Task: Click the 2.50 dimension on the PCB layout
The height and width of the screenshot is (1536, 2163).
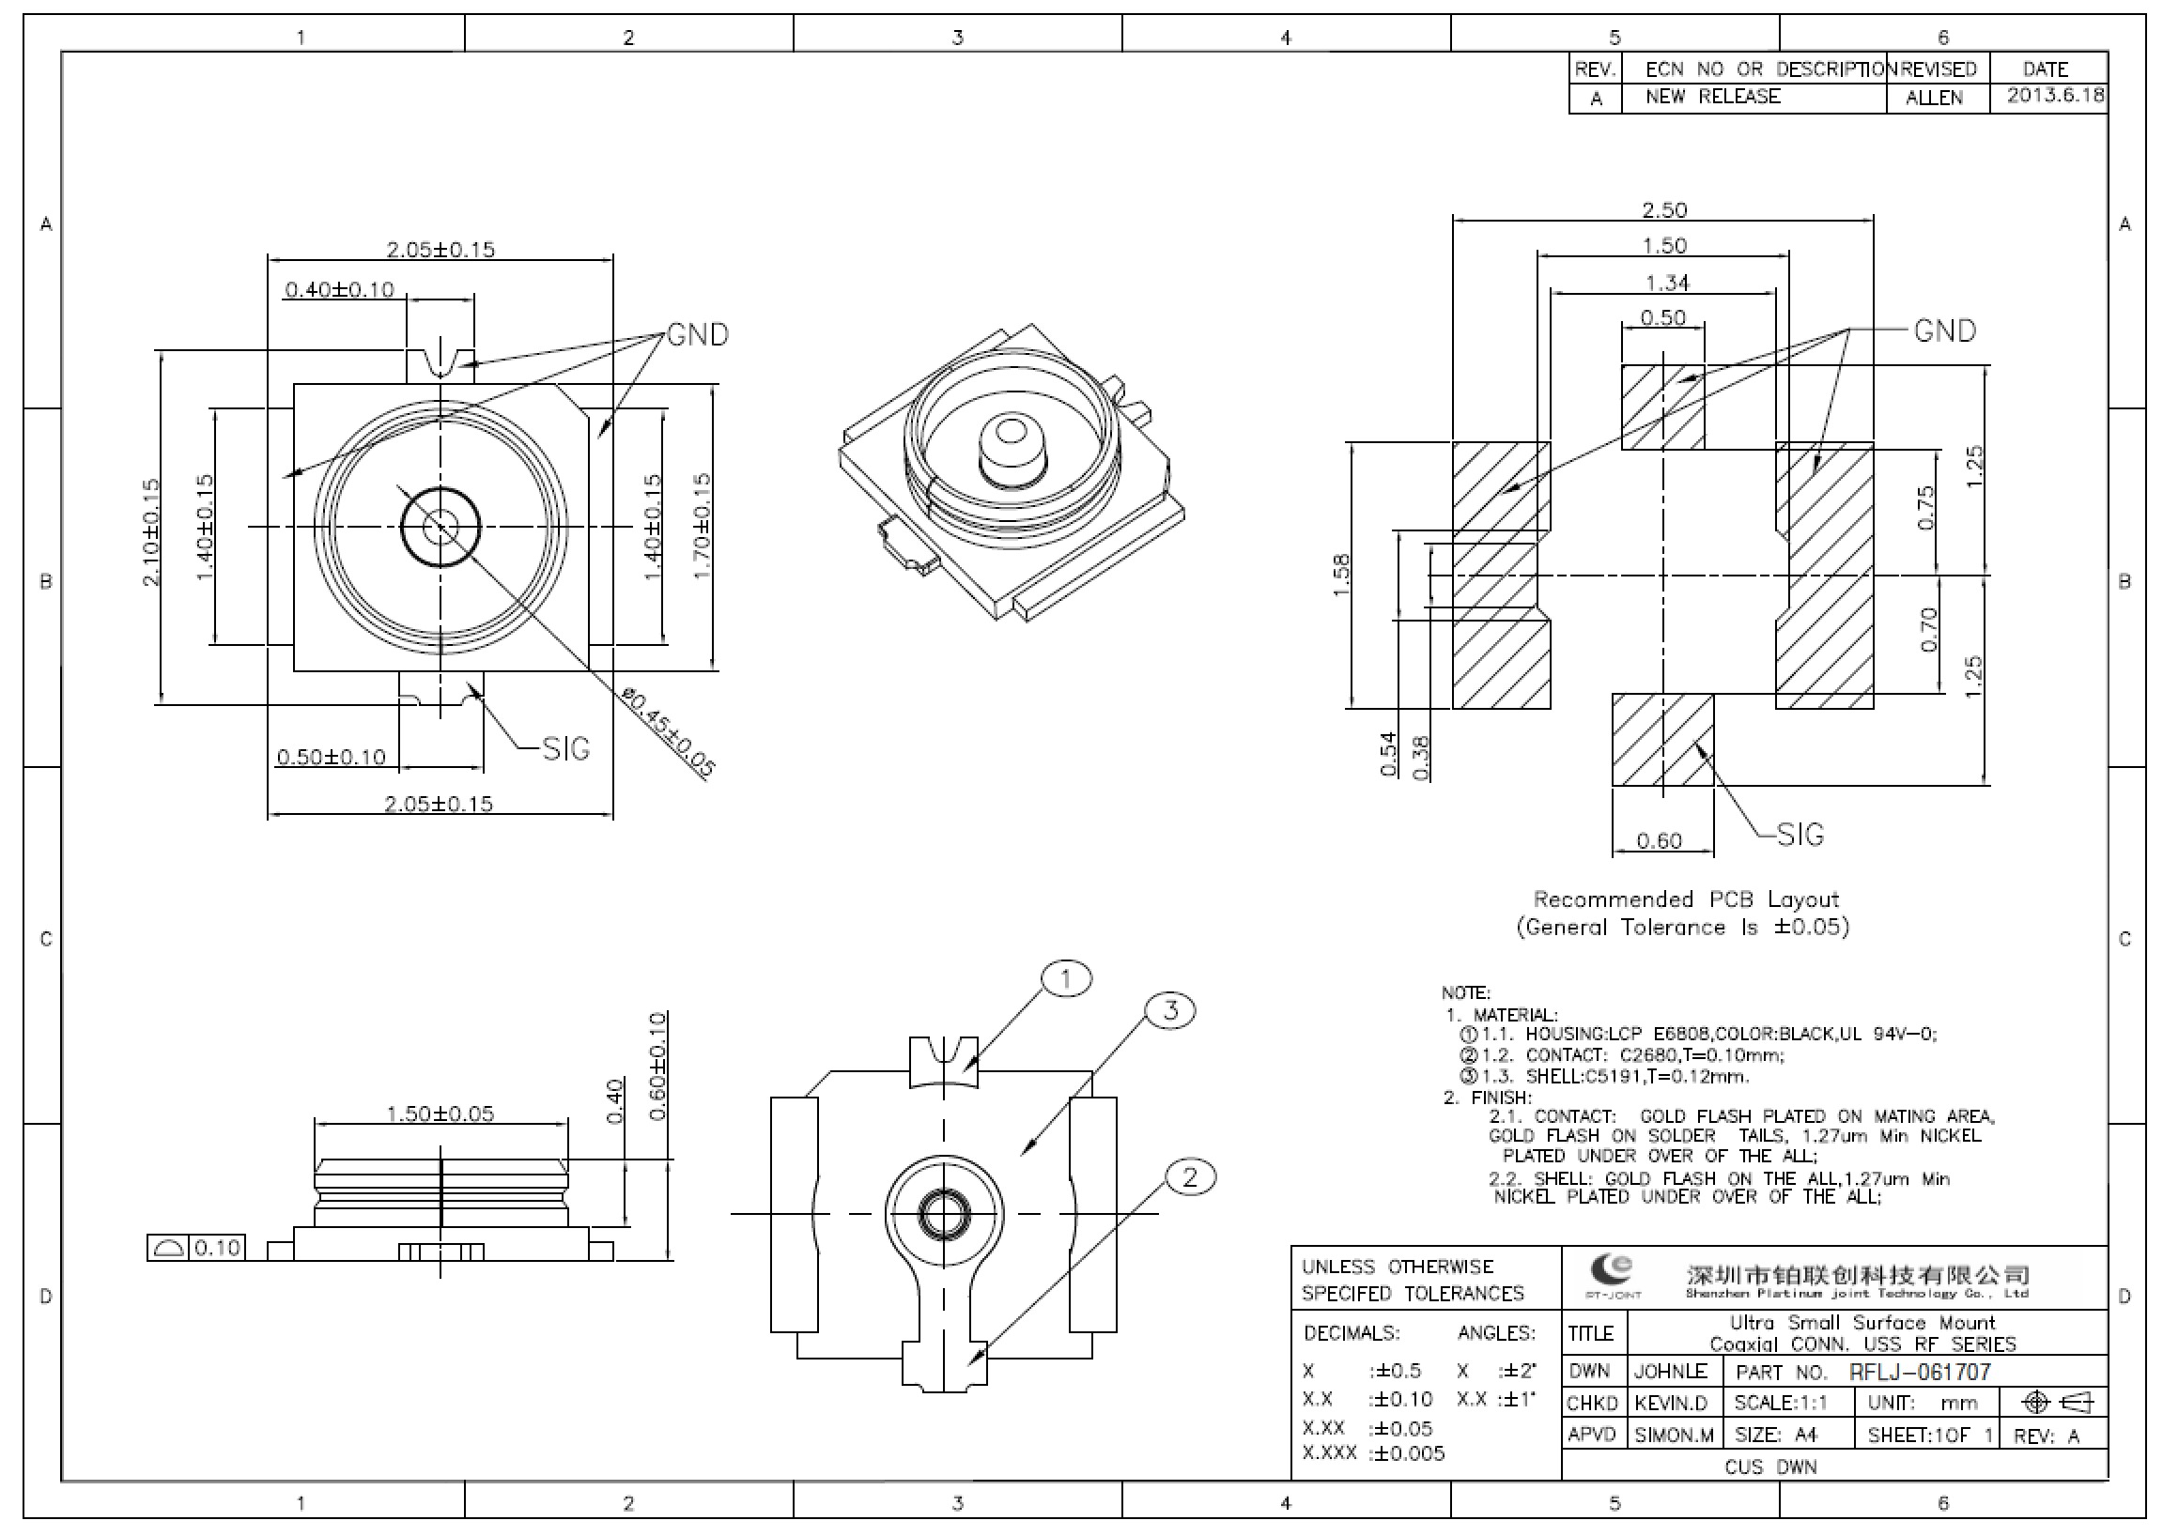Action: coord(1663,209)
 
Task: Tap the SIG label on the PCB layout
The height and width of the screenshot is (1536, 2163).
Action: coord(1799,835)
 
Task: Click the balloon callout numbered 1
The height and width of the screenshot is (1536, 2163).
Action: coord(1065,979)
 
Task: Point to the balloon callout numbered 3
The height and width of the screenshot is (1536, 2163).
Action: coord(1170,1010)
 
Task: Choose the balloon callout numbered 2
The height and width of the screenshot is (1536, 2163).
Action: coord(1189,1177)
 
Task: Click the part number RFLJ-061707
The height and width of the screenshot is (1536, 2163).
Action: coord(1920,1372)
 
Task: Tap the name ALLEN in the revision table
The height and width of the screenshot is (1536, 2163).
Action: coord(1934,98)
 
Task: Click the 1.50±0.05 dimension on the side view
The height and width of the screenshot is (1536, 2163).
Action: coord(440,1114)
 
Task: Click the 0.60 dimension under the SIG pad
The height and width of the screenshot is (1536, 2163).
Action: coord(1659,841)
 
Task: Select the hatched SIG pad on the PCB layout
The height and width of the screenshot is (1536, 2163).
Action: coord(1662,740)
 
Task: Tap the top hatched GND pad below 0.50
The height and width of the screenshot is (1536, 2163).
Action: coord(1662,407)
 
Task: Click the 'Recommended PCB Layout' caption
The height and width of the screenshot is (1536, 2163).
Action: coord(1685,899)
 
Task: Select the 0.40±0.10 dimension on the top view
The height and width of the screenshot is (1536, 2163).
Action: coord(339,289)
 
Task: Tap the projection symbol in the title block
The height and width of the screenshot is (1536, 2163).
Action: coord(2058,1402)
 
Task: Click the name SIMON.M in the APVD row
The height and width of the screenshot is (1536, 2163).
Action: coord(1674,1435)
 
